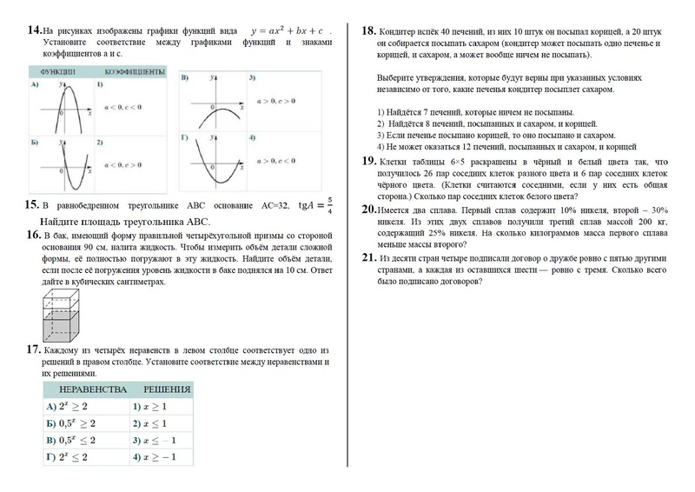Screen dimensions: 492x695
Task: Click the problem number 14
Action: pyautogui.click(x=35, y=31)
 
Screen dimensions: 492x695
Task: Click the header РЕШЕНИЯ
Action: pyautogui.click(x=167, y=389)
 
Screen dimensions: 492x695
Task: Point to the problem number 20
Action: pyautogui.click(x=368, y=209)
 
